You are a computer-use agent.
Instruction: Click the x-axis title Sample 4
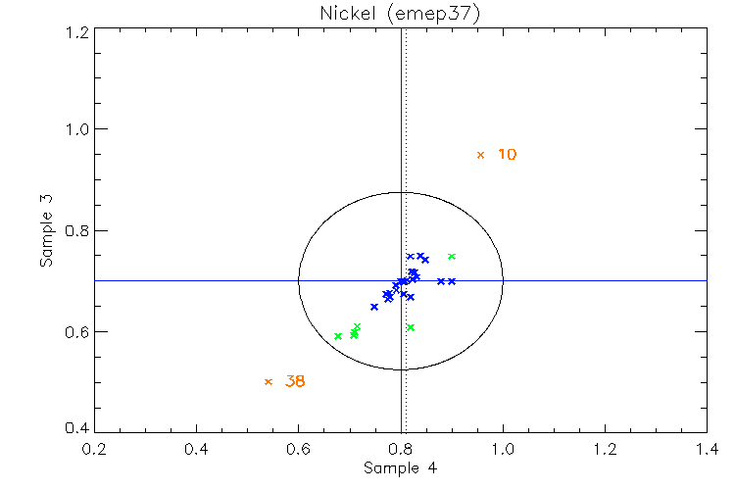[400, 468]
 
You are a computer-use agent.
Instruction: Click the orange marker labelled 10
[480, 155]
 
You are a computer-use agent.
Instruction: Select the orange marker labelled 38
[269, 381]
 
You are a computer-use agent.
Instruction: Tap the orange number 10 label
[507, 155]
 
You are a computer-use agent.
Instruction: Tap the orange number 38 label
[295, 381]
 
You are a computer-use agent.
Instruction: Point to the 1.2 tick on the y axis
[77, 31]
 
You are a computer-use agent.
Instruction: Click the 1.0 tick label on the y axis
[77, 129]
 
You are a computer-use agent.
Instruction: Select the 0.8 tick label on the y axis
[77, 231]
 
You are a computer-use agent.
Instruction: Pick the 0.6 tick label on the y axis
[77, 332]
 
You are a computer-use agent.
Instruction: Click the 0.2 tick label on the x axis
[94, 449]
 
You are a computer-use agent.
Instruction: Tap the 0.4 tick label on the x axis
[196, 449]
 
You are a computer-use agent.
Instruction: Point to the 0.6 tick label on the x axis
[298, 449]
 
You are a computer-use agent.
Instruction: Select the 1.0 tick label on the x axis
[503, 449]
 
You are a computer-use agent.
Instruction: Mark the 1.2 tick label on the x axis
[605, 449]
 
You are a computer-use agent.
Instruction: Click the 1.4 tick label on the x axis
[707, 449]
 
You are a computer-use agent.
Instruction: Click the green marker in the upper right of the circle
[452, 257]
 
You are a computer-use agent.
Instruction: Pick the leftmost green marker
[338, 336]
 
